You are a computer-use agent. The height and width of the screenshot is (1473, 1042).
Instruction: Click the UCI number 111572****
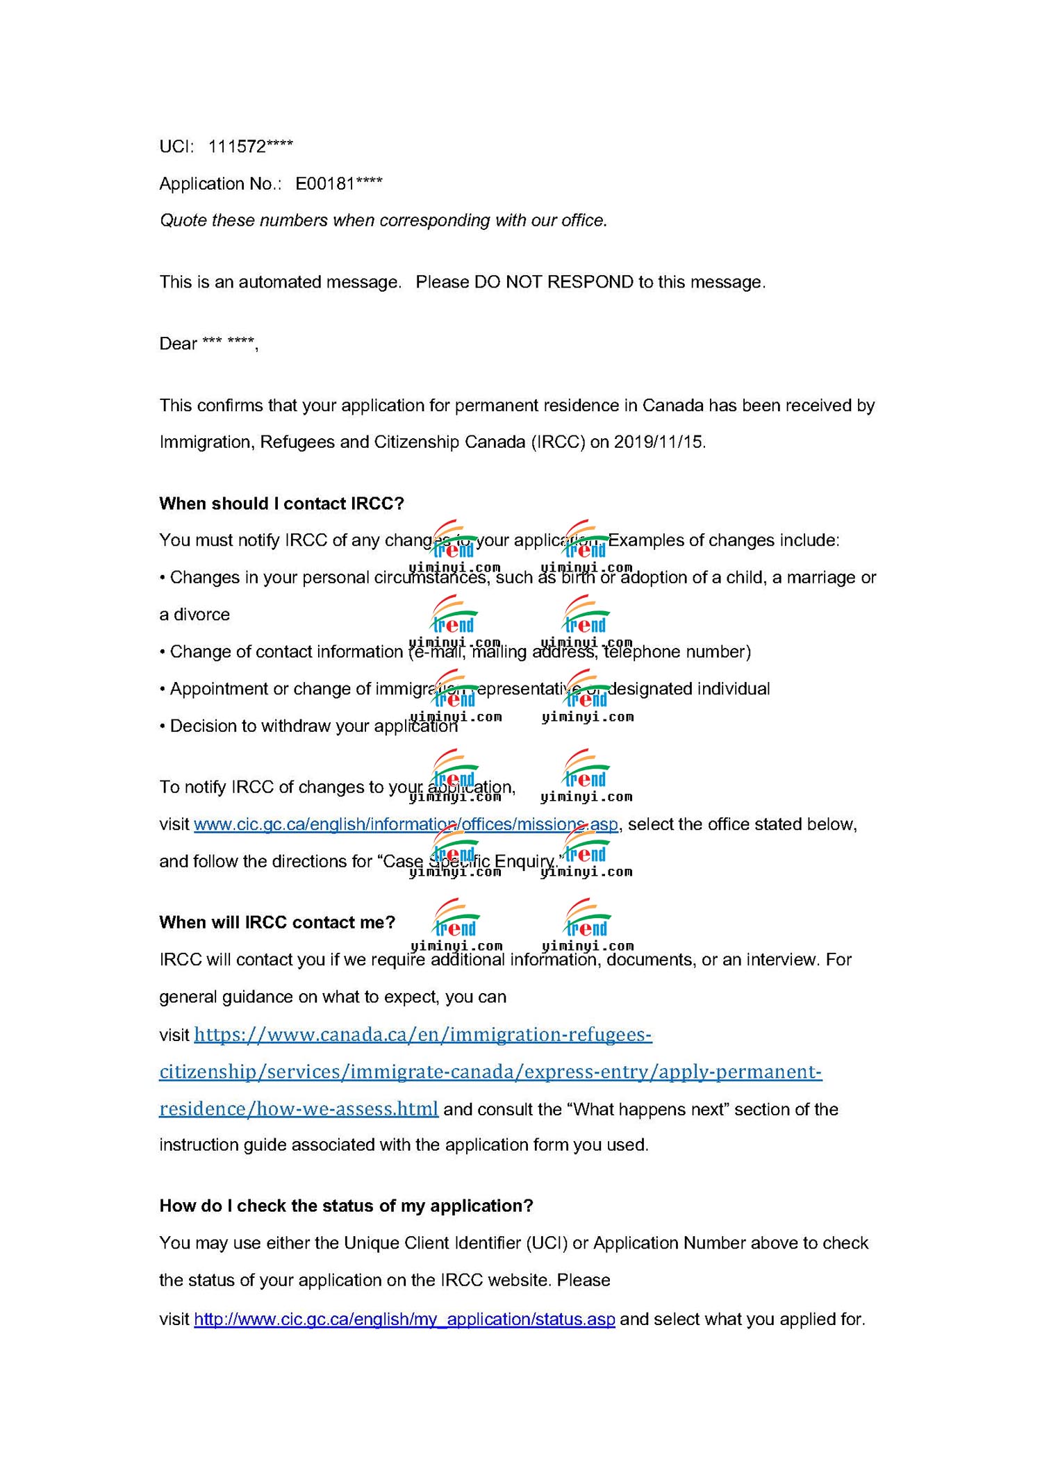coord(250,147)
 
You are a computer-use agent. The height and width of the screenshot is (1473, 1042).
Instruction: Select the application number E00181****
coord(338,184)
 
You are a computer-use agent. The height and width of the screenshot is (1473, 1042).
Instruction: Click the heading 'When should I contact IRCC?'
coord(281,504)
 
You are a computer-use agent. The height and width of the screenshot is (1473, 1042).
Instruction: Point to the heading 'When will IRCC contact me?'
coord(277,922)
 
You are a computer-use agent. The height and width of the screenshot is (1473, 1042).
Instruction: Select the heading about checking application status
coord(346,1206)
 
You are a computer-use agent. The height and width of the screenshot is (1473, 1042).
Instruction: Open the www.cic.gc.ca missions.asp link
coord(406,824)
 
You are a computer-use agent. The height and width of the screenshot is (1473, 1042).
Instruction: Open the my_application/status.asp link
coord(404,1319)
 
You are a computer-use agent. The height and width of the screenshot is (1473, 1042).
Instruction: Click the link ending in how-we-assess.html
coord(299,1108)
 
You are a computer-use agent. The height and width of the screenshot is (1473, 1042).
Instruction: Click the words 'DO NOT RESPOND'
coord(554,283)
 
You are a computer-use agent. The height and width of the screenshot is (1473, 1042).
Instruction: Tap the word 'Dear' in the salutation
coord(179,344)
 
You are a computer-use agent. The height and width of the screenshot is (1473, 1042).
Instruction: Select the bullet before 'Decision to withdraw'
coord(162,726)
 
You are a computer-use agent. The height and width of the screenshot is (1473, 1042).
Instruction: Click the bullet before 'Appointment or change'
coord(162,689)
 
